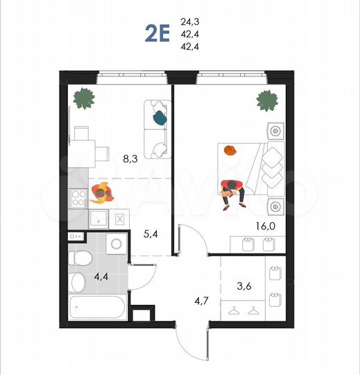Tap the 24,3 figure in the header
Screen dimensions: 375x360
tap(188, 22)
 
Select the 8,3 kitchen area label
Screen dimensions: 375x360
tap(130, 158)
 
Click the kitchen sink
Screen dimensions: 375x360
tap(97, 219)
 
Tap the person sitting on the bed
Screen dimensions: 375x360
tap(232, 191)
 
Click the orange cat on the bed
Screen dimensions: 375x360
tap(230, 149)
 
